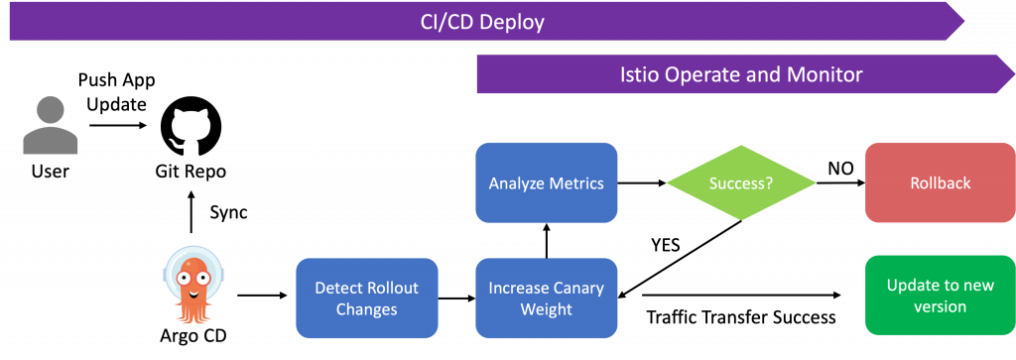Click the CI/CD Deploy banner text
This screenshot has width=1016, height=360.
click(482, 23)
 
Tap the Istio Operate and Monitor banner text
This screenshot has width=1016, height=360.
click(740, 74)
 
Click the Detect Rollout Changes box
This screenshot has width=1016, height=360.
click(367, 298)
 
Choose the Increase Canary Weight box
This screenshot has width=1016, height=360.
click(547, 298)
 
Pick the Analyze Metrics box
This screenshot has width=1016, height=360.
click(547, 183)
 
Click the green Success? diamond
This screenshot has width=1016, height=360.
click(740, 183)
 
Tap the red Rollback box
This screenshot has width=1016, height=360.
click(941, 183)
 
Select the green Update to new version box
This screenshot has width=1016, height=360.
click(941, 296)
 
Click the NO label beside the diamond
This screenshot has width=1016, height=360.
click(840, 169)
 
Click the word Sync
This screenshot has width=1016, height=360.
click(229, 212)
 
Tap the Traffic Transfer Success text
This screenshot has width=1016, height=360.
click(741, 317)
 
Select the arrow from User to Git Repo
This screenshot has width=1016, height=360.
click(118, 126)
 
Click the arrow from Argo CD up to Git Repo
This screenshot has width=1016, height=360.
click(190, 211)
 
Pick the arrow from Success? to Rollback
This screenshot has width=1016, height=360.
click(840, 183)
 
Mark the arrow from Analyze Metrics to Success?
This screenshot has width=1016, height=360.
click(642, 183)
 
